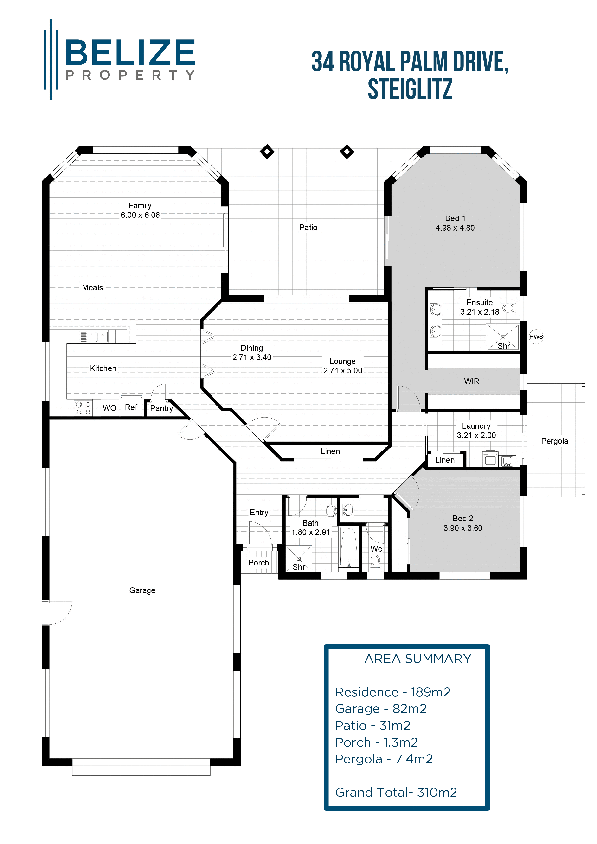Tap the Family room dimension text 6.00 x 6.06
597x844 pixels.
click(x=140, y=215)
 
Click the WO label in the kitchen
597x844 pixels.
click(x=109, y=408)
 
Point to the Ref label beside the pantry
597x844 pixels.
click(x=131, y=407)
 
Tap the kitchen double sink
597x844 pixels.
click(x=97, y=336)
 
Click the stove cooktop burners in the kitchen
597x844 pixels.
click(x=83, y=408)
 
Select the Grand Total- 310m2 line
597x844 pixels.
click(x=396, y=792)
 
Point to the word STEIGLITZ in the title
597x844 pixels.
click(x=410, y=89)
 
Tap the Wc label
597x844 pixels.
click(x=376, y=549)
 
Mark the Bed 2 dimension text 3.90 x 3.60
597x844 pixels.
click(x=462, y=528)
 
